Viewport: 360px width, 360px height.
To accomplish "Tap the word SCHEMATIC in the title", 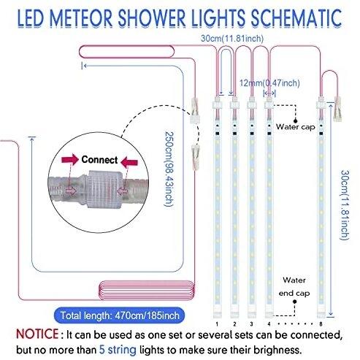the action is [296, 18].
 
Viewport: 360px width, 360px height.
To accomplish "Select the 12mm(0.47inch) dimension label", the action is [269, 83].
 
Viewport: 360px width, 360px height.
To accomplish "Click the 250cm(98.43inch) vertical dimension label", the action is [169, 169].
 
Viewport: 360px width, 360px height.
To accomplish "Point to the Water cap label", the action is [295, 127].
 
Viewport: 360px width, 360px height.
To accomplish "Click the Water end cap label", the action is [294, 287].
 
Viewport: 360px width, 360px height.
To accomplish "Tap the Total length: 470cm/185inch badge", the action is [119, 315].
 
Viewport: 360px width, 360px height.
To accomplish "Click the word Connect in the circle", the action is [99, 160].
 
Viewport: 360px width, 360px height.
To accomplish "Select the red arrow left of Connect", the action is [70, 160].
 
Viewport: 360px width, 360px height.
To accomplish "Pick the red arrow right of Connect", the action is [129, 162].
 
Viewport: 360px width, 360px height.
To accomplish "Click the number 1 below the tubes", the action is [217, 324].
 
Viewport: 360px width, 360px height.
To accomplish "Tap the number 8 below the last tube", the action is [321, 324].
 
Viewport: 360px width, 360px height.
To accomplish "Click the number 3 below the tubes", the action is [251, 324].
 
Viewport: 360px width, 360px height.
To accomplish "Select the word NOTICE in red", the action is [37, 334].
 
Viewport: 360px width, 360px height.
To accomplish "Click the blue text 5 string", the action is [118, 350].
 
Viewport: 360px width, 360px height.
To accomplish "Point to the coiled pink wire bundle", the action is [147, 290].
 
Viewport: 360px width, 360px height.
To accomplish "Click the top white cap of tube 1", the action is [218, 104].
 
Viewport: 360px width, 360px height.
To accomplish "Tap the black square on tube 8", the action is [321, 134].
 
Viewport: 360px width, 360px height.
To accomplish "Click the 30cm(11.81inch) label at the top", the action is [232, 39].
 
